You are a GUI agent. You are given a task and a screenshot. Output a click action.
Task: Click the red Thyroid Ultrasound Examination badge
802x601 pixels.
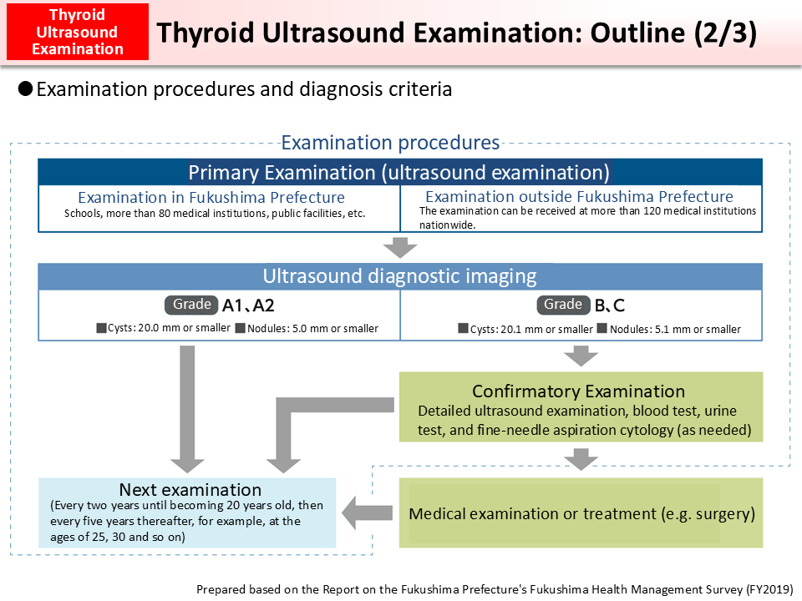(x=76, y=33)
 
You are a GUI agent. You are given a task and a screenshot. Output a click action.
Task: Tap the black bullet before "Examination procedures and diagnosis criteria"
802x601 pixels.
(x=26, y=88)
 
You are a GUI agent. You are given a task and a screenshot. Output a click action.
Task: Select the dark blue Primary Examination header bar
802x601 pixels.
(x=399, y=173)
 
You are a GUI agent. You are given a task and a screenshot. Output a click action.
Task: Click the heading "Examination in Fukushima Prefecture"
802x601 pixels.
(x=211, y=198)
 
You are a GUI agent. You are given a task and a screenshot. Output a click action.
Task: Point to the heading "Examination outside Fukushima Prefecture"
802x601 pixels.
(x=579, y=197)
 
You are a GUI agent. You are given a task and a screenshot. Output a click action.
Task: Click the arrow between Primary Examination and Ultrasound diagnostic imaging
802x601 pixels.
(x=400, y=248)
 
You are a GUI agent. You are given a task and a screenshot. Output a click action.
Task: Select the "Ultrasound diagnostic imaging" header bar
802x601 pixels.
(x=399, y=276)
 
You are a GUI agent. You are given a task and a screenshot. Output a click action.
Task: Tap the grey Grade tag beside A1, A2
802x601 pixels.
(x=191, y=305)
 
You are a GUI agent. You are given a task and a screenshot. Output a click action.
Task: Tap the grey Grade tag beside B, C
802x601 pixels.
(x=563, y=305)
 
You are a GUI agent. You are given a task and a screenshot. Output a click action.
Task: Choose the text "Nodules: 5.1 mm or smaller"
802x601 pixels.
(x=675, y=329)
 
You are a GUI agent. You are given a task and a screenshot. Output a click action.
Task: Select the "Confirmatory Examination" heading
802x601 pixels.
(x=578, y=391)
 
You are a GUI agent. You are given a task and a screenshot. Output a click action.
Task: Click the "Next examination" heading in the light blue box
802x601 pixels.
(x=190, y=490)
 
